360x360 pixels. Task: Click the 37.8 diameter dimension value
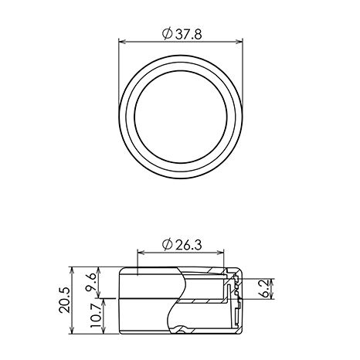coord(188,34)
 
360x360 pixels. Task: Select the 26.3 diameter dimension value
coord(188,245)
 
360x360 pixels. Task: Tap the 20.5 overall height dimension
coord(64,300)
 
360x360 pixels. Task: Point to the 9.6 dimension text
coord(91,281)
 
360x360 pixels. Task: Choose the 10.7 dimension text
coord(96,315)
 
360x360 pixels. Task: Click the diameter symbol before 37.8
coord(168,34)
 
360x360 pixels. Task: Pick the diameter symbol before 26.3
coord(168,245)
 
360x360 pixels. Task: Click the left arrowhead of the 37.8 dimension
coord(122,42)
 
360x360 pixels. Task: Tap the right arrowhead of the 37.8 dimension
coord(239,42)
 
